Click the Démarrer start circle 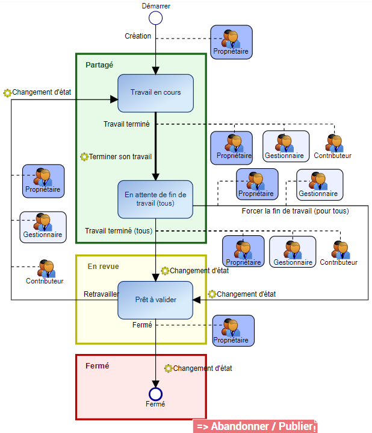[x=155, y=17]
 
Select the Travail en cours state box [x=155, y=93]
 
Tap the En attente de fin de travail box [x=155, y=199]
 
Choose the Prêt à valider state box [x=155, y=300]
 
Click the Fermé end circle [x=155, y=394]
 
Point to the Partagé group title [x=99, y=65]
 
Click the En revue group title [x=103, y=266]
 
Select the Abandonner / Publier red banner [x=255, y=426]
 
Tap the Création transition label [x=138, y=36]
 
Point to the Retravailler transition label [x=101, y=294]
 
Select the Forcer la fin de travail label [x=295, y=211]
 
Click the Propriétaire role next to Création [x=231, y=43]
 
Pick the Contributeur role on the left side [x=45, y=273]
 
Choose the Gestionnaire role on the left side [x=43, y=227]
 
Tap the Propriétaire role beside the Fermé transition [x=233, y=330]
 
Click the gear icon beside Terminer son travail [x=84, y=157]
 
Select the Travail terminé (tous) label [x=119, y=231]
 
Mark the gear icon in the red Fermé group [x=169, y=368]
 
